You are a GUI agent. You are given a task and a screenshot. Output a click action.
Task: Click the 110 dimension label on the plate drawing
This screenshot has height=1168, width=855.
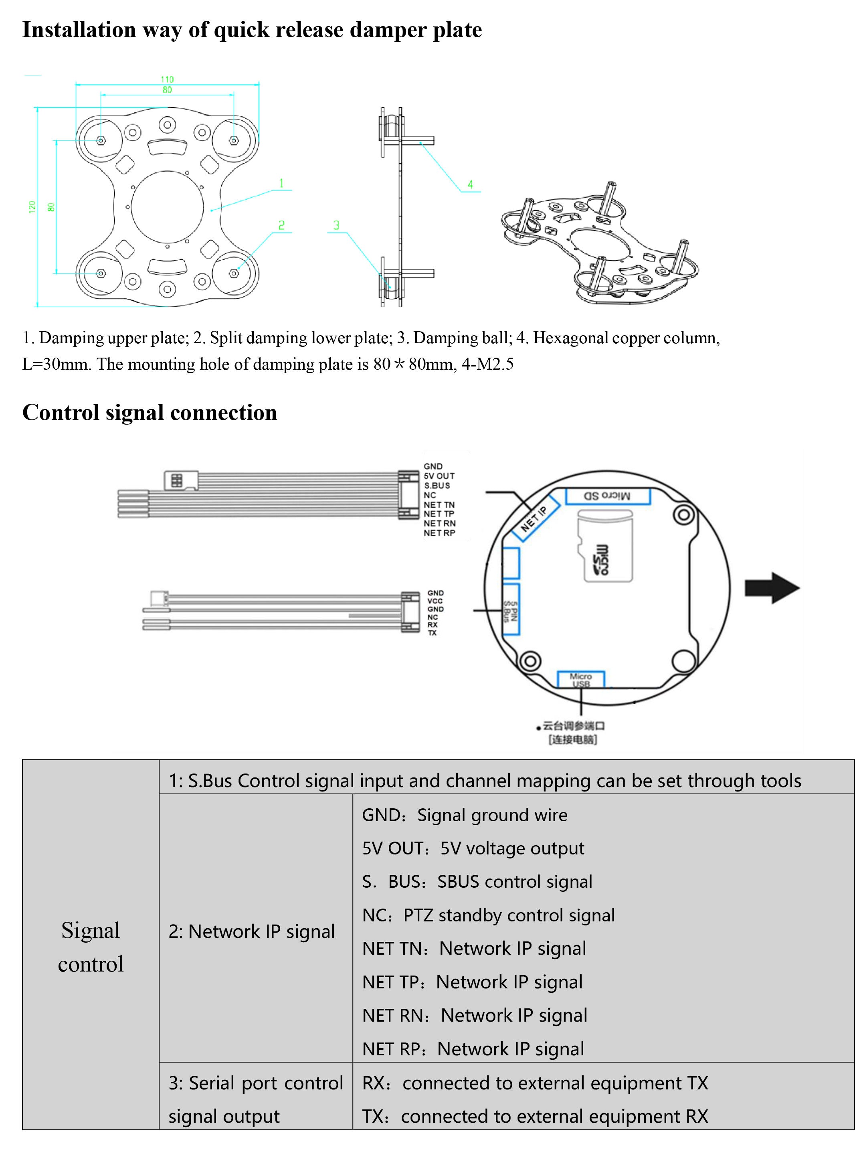click(x=167, y=79)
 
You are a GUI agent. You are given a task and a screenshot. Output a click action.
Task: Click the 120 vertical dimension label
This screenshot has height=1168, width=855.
click(x=32, y=206)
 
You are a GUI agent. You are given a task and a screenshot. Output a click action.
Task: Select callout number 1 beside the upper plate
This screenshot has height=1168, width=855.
click(x=281, y=183)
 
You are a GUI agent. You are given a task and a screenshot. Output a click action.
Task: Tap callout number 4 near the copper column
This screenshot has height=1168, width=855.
click(x=470, y=184)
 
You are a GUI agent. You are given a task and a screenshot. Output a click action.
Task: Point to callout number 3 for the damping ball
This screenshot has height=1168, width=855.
click(x=336, y=225)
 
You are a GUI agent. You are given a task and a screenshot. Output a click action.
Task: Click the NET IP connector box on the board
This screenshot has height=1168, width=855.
click(x=534, y=518)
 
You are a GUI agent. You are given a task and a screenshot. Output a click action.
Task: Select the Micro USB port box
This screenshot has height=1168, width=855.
click(x=581, y=679)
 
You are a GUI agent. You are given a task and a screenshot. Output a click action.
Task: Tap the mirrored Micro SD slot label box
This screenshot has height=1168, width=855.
click(x=607, y=496)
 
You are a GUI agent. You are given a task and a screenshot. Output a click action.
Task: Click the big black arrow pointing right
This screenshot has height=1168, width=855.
click(x=772, y=588)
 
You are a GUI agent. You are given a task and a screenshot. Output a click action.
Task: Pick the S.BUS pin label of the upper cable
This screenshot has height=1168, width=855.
click(x=437, y=486)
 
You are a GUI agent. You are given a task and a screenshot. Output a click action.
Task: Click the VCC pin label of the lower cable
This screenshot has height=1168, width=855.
click(x=435, y=601)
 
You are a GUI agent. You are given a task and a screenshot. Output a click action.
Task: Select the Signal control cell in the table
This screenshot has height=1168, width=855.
click(x=91, y=947)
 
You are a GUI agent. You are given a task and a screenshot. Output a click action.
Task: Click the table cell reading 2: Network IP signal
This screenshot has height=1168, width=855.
click(x=252, y=931)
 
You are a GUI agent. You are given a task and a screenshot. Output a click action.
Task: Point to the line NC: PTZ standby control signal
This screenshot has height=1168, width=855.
click(x=488, y=915)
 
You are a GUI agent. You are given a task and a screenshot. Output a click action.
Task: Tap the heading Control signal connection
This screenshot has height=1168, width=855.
click(x=150, y=413)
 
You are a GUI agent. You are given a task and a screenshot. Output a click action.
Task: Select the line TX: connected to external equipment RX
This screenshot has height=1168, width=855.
click(x=535, y=1116)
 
